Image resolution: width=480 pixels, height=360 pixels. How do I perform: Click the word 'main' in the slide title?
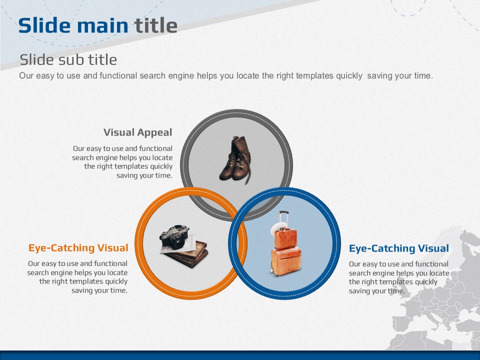(102, 25)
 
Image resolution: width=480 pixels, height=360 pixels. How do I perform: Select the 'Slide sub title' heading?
(68, 59)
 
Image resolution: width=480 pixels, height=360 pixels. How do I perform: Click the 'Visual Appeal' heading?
(138, 132)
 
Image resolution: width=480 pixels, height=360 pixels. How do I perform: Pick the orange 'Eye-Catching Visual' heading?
(78, 247)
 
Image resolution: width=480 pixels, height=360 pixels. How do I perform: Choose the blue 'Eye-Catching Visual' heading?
(399, 248)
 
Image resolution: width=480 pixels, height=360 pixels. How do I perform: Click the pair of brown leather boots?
(235, 160)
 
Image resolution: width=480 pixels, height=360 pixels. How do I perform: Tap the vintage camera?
(174, 237)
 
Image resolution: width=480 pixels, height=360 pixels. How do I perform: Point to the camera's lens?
(177, 242)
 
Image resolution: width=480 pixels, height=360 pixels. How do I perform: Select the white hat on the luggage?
(278, 228)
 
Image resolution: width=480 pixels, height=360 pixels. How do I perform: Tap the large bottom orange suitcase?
(286, 262)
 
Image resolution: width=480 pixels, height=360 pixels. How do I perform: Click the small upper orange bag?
(285, 239)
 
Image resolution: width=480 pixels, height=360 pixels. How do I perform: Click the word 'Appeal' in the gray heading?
(154, 133)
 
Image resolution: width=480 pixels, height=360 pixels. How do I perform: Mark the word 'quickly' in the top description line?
(349, 76)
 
